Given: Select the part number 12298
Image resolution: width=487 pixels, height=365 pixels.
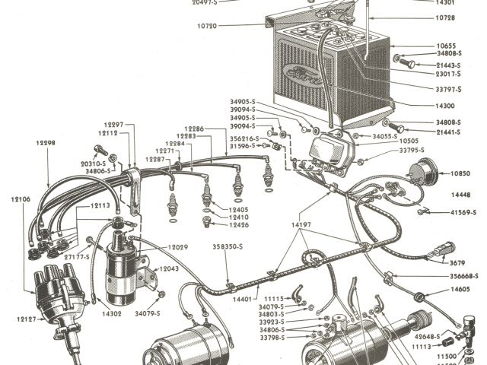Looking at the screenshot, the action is coord(45,141).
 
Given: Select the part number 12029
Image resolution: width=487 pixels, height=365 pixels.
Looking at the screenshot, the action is coord(178,248).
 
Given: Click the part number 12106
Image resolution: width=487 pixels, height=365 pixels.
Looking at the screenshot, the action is coord(21,198).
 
